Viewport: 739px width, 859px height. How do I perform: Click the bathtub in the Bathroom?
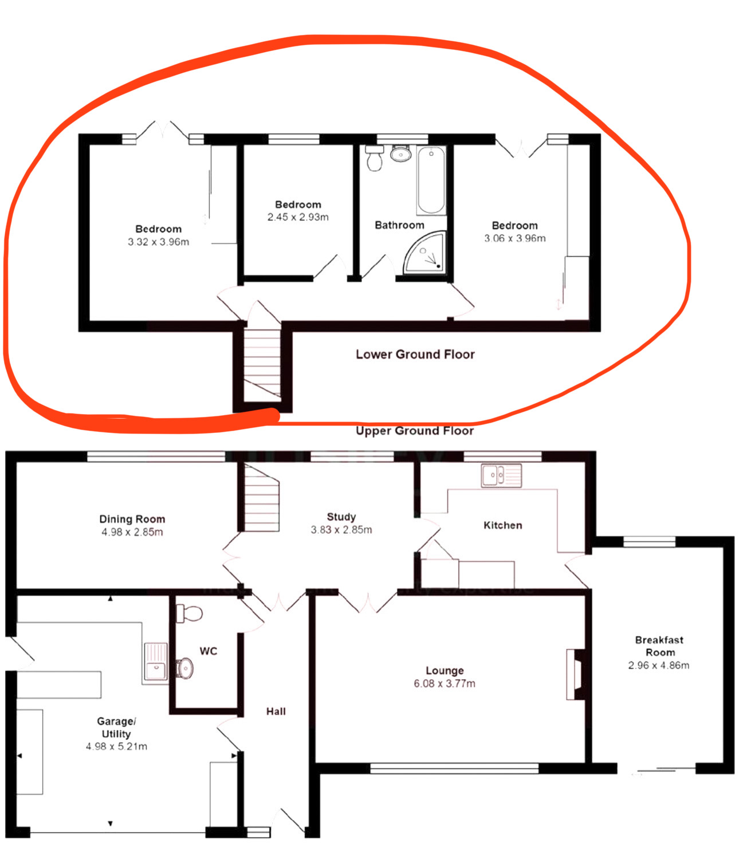tap(431, 180)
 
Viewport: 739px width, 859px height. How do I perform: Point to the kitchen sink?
tap(501, 475)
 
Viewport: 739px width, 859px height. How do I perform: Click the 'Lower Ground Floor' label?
tap(415, 354)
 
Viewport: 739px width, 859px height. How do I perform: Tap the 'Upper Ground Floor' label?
tap(415, 431)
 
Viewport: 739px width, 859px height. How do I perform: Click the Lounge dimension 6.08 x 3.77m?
tap(445, 684)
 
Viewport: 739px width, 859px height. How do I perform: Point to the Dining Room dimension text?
tap(132, 532)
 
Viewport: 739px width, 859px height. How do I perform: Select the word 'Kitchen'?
tap(502, 525)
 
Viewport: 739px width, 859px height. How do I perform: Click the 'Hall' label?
tap(276, 711)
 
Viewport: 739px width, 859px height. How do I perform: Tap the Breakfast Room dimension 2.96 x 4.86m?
tap(658, 665)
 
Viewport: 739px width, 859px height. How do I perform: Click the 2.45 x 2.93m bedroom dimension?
tap(298, 217)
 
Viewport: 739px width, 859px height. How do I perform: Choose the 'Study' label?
tap(341, 517)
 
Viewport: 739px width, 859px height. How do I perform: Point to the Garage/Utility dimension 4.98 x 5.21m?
tap(116, 746)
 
